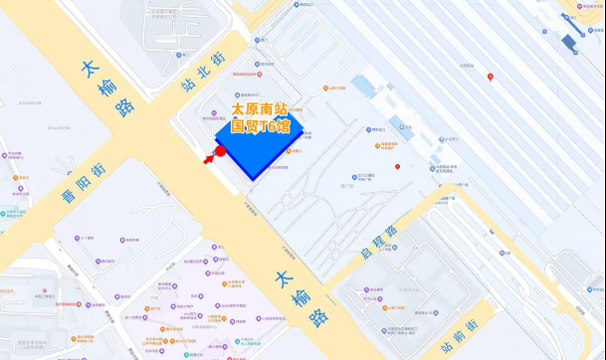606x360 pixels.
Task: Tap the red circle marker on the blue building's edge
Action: (221, 151)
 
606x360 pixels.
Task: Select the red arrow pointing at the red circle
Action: (210, 157)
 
